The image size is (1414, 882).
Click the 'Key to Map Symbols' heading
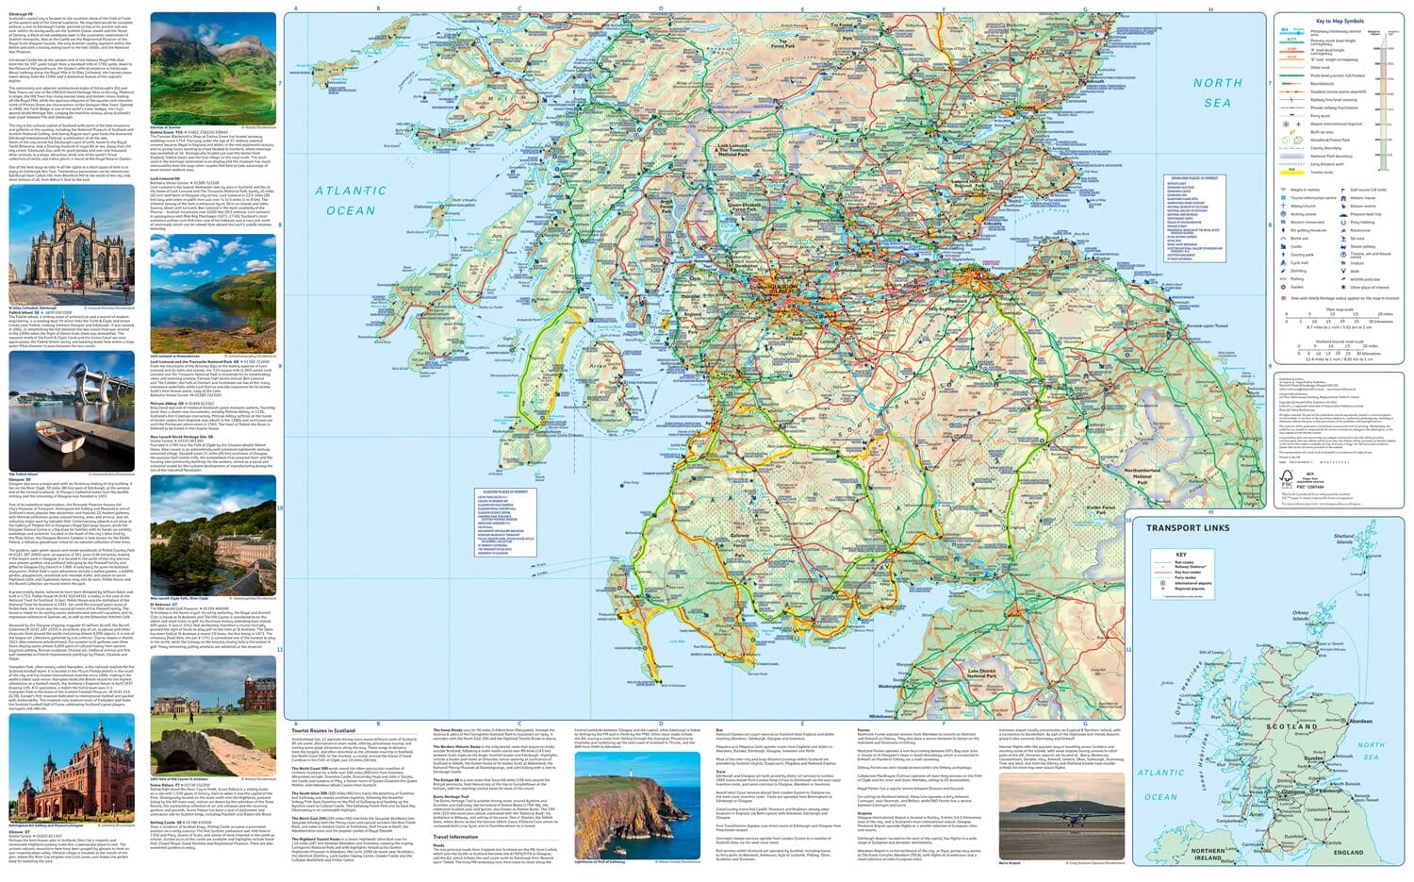[x=1339, y=21]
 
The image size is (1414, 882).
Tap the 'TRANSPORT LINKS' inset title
[x=1187, y=528]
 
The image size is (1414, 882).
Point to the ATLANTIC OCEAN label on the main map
[x=351, y=200]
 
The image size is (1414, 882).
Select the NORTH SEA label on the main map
[x=1217, y=92]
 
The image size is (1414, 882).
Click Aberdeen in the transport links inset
[x=1360, y=721]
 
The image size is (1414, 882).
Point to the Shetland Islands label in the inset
[x=1344, y=539]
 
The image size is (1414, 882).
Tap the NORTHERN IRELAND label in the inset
[x=1208, y=855]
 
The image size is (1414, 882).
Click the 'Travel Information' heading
[x=454, y=837]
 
